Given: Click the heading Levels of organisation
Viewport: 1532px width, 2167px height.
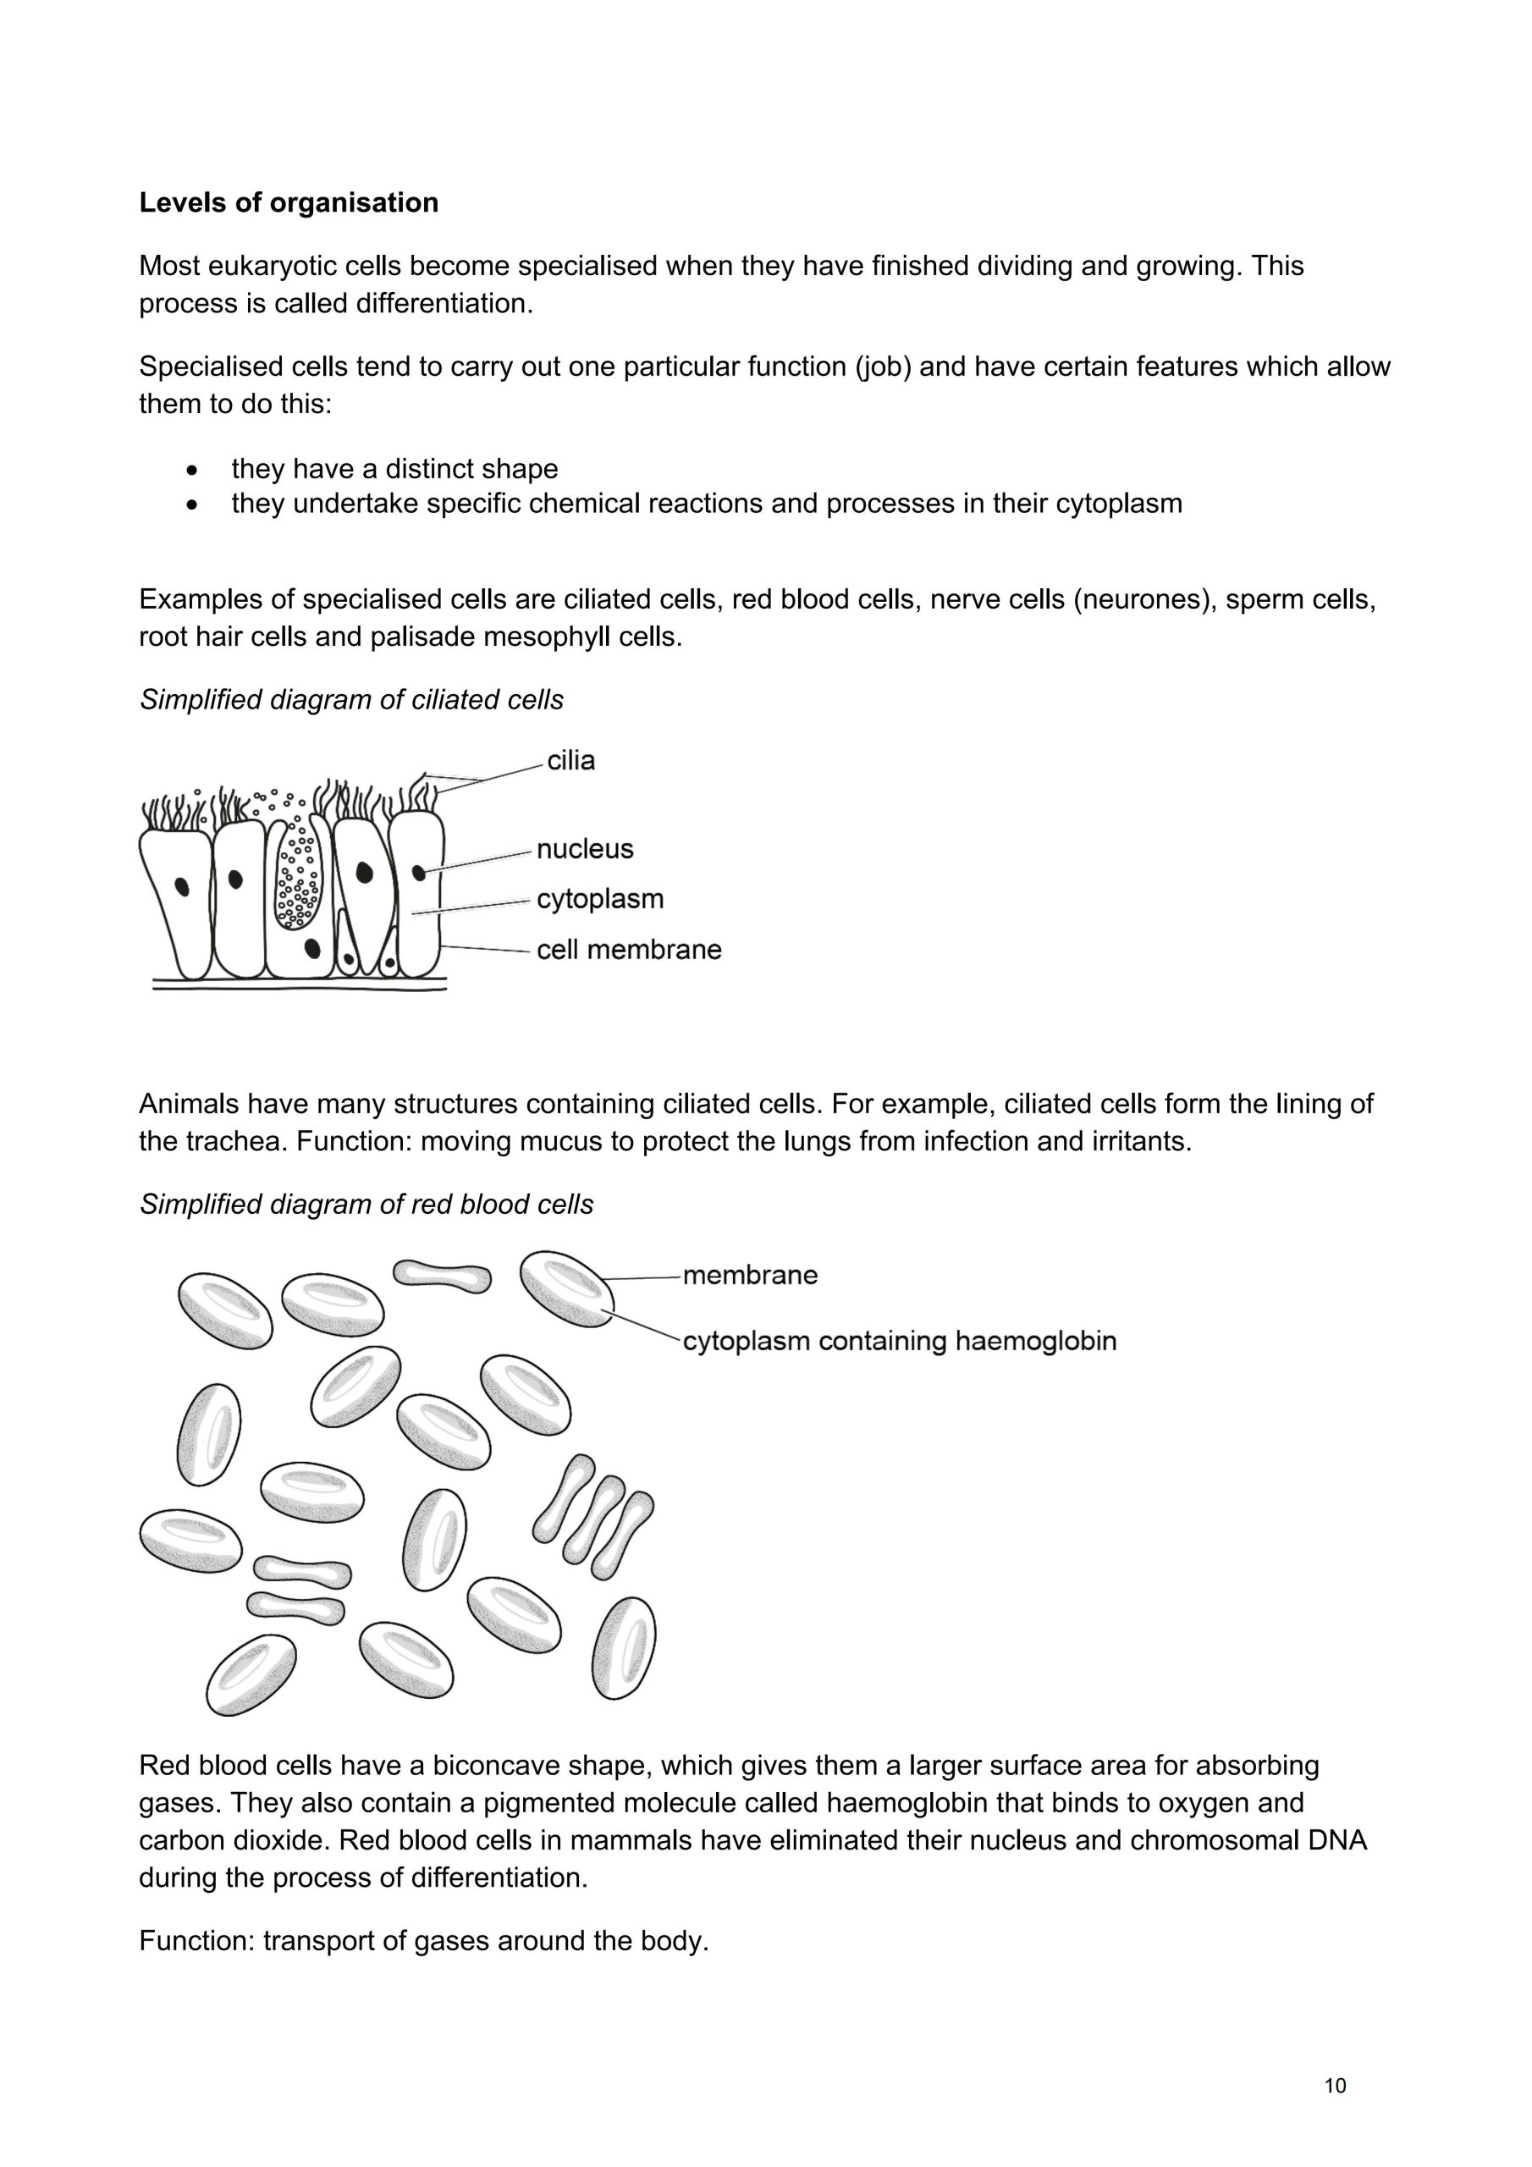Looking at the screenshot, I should click(x=289, y=203).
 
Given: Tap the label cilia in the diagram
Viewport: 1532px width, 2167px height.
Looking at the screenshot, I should click(x=571, y=761).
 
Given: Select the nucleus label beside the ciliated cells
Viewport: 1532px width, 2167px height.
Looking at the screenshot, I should click(x=584, y=849).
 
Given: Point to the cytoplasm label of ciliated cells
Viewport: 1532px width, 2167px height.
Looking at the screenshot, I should click(x=600, y=898).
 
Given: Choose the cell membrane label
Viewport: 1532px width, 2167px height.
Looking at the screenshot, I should click(x=629, y=950).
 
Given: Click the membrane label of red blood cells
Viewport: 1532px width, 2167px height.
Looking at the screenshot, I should click(x=749, y=1275).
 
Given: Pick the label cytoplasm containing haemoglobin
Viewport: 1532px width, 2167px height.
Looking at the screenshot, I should click(x=899, y=1341).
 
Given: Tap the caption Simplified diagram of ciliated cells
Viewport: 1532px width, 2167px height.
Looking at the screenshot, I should click(x=351, y=699).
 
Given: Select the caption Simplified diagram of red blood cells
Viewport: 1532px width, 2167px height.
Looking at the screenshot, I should click(x=366, y=1205).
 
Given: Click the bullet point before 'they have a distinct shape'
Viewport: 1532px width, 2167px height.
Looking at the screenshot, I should click(x=193, y=469).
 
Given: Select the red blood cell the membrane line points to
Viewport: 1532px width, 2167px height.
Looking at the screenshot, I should click(x=567, y=1288).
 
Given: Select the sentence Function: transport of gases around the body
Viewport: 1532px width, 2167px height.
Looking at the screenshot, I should click(x=424, y=1942).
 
